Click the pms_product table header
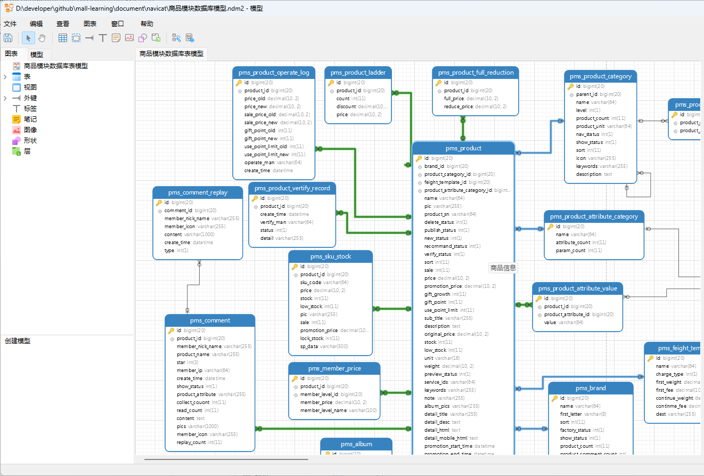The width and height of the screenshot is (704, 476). [463, 148]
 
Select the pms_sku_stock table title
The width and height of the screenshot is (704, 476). [331, 256]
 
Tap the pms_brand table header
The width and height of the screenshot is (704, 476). [591, 388]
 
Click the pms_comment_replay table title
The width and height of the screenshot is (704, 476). [198, 192]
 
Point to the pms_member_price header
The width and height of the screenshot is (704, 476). [334, 368]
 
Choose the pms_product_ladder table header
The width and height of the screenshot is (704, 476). [358, 72]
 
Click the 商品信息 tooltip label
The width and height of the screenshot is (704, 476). [503, 268]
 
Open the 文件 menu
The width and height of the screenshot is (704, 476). [10, 23]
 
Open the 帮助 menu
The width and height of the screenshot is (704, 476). [147, 23]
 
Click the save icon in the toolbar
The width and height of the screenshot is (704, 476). [8, 38]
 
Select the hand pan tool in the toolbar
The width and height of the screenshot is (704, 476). [42, 38]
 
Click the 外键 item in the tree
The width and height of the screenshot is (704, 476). [30, 98]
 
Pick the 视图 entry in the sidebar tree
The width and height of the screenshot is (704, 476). [30, 87]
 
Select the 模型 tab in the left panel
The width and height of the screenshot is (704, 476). [37, 54]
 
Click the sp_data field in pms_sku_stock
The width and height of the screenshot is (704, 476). [308, 346]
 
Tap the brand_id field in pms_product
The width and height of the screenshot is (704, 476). [434, 166]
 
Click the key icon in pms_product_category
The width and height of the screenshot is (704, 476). [571, 86]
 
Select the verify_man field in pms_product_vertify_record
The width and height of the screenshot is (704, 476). [273, 222]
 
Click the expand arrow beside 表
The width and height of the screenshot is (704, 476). [5, 77]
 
